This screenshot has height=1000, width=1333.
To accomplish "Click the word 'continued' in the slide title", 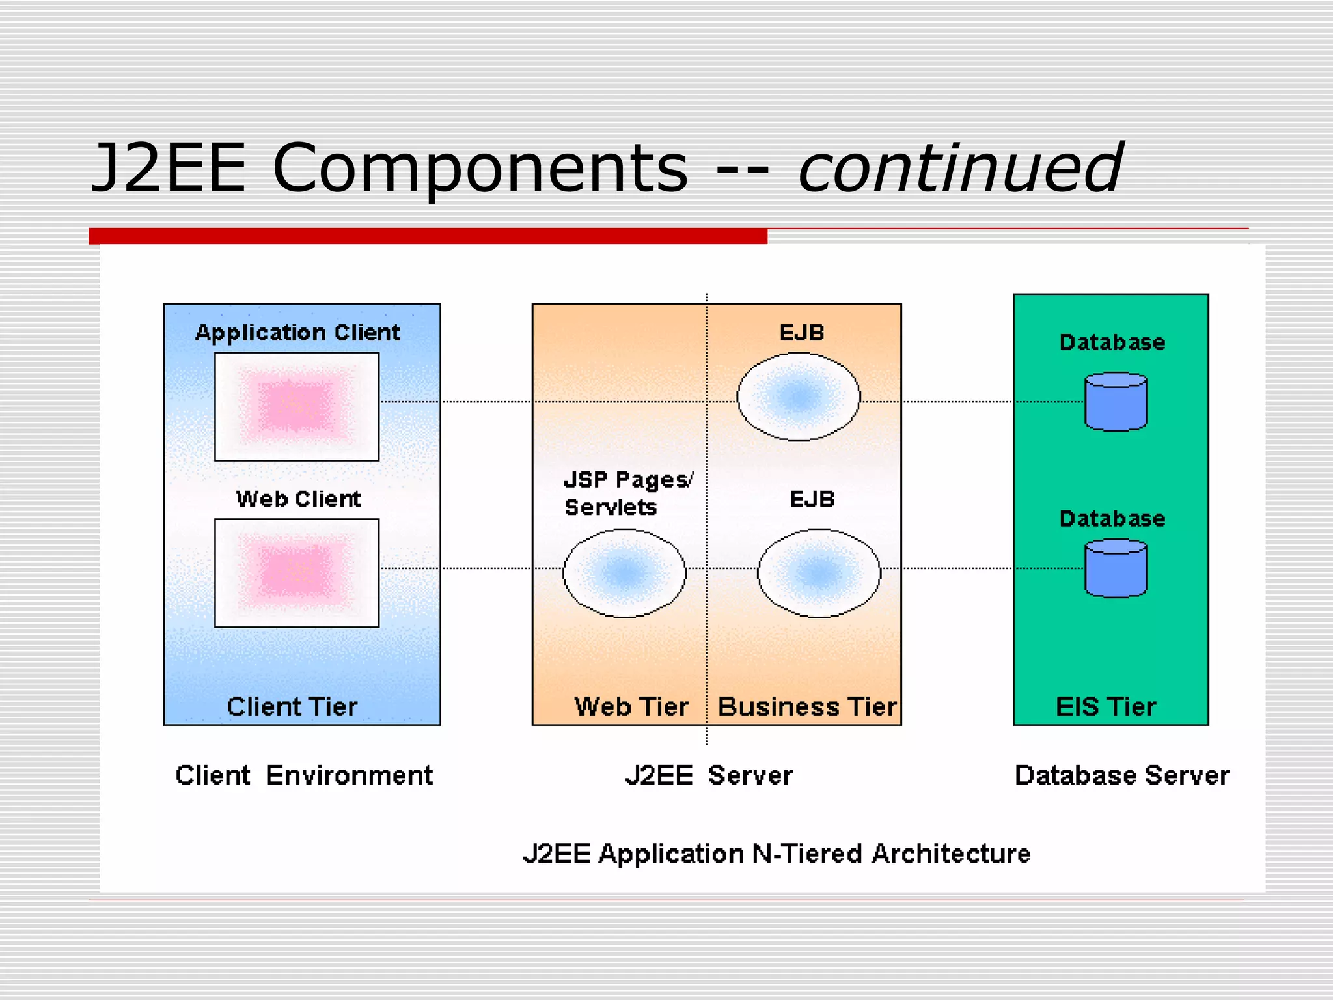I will [960, 168].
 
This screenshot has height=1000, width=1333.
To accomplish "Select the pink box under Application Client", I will [297, 406].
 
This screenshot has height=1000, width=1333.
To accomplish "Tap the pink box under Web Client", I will [297, 573].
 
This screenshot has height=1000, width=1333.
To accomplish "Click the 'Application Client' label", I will [297, 333].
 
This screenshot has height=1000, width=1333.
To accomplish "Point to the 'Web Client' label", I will [298, 499].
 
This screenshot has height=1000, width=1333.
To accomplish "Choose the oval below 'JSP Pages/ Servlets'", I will [624, 573].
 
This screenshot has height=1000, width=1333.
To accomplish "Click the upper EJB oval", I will [798, 396].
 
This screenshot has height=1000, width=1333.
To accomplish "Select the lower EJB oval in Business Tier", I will [819, 573].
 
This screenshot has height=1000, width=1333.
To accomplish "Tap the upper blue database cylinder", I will [1116, 402].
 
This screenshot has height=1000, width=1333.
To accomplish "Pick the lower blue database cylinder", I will [1116, 568].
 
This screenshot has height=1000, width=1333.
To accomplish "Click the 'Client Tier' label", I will [292, 707].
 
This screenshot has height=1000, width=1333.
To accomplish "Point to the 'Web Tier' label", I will [631, 707].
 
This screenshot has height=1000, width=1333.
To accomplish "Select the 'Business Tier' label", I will [807, 707].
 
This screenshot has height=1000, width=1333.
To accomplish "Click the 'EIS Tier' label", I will [1106, 707].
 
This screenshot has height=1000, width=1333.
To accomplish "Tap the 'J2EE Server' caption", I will [709, 775].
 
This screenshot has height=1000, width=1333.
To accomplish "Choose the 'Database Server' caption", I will [1122, 775].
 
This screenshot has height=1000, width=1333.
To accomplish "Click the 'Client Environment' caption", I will [304, 775].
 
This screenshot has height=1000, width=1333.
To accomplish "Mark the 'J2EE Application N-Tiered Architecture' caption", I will [776, 854].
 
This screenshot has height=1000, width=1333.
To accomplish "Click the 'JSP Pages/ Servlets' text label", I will [627, 493].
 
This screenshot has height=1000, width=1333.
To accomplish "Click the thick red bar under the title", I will [428, 236].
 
